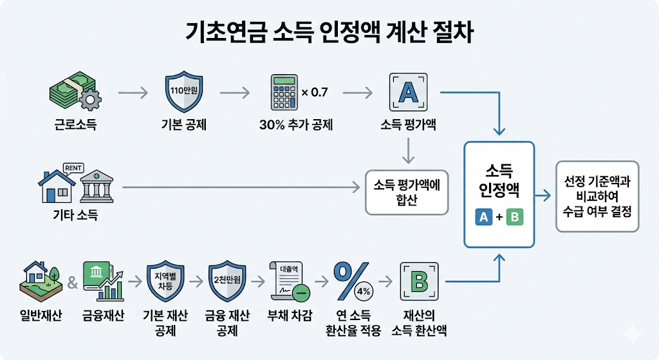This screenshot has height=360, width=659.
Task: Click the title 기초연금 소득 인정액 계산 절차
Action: tap(329, 32)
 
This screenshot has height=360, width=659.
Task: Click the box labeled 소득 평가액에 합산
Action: tap(407, 192)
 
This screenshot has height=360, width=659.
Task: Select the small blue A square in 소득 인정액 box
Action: tap(483, 218)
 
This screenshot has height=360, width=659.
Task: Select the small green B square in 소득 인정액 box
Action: tap(515, 218)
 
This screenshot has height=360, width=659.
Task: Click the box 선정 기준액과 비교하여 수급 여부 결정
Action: tap(597, 196)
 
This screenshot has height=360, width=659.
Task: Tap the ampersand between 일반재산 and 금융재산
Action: tap(72, 282)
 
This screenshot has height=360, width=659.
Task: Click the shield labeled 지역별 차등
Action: tap(166, 281)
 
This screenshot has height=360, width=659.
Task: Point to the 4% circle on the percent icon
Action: tap(363, 291)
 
